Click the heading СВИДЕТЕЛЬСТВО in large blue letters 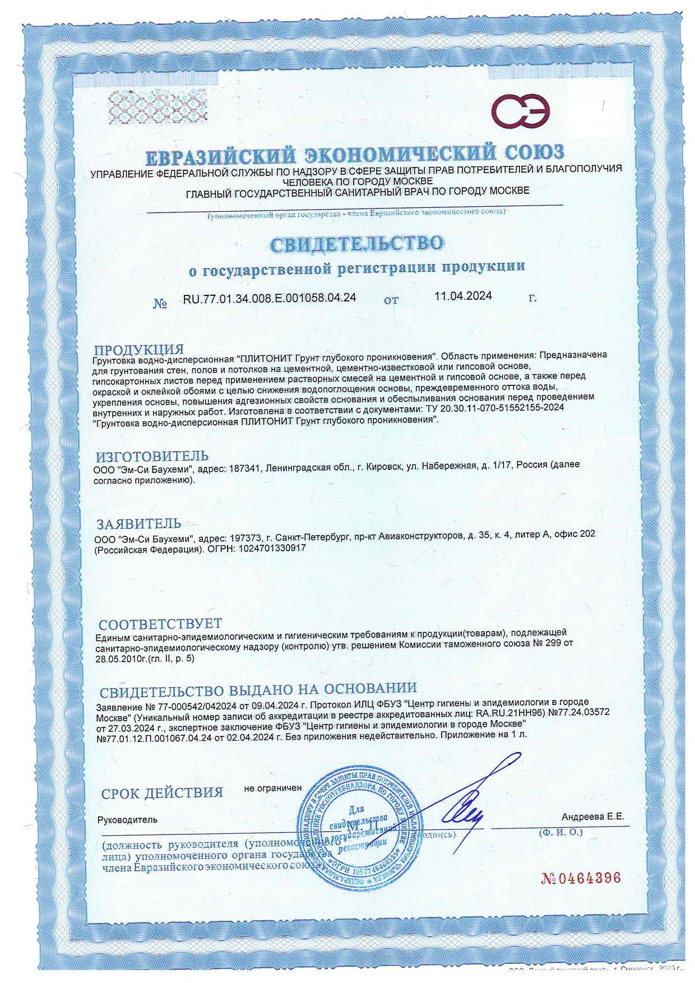tap(357, 242)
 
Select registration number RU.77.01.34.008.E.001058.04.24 tap(270, 298)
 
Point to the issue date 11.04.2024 tap(463, 296)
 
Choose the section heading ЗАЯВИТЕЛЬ tap(139, 523)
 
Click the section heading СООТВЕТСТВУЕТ tap(160, 623)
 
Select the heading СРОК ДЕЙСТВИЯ tap(162, 792)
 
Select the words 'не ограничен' tap(273, 787)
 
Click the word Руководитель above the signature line tap(128, 819)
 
